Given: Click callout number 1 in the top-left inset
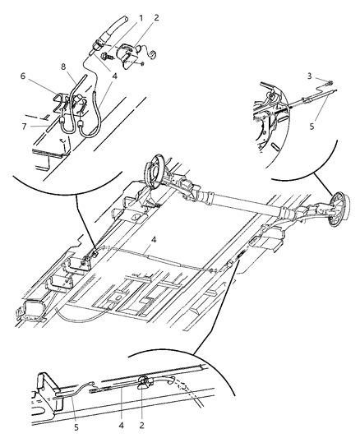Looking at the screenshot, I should [118, 17].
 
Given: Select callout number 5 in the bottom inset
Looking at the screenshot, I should [77, 404].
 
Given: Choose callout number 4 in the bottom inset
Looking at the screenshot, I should [122, 404].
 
